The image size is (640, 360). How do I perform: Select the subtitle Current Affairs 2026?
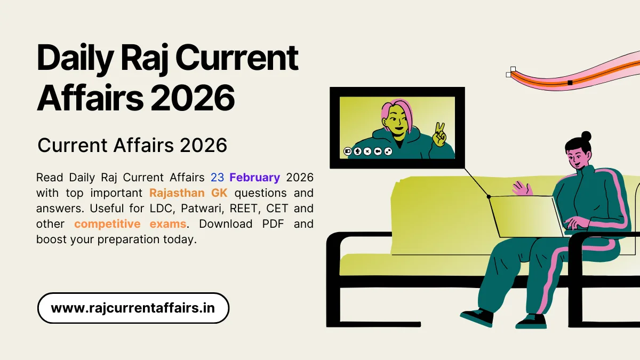[x=133, y=145]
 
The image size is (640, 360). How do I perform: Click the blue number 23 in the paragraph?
[x=218, y=178]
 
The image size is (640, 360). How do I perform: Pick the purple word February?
[x=255, y=178]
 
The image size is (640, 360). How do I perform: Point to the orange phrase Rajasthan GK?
[x=188, y=193]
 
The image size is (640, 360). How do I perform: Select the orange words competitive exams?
[x=130, y=224]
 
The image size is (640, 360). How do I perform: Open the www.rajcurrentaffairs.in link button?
[x=133, y=308]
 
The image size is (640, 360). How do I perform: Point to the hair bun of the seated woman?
[x=586, y=136]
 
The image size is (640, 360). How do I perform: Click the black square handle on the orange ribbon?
[x=570, y=83]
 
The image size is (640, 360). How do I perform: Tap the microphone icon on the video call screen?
[x=358, y=151]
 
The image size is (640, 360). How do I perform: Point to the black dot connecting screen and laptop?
[x=489, y=196]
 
